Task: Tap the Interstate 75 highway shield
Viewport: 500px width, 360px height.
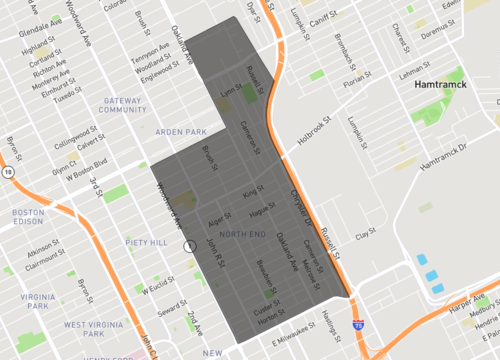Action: click(359, 326)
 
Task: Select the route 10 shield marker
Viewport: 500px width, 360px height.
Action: click(8, 172)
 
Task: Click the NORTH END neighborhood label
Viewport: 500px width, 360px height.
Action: click(242, 233)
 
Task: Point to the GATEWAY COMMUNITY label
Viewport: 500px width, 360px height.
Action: click(122, 105)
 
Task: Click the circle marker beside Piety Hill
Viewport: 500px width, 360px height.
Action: click(189, 245)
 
